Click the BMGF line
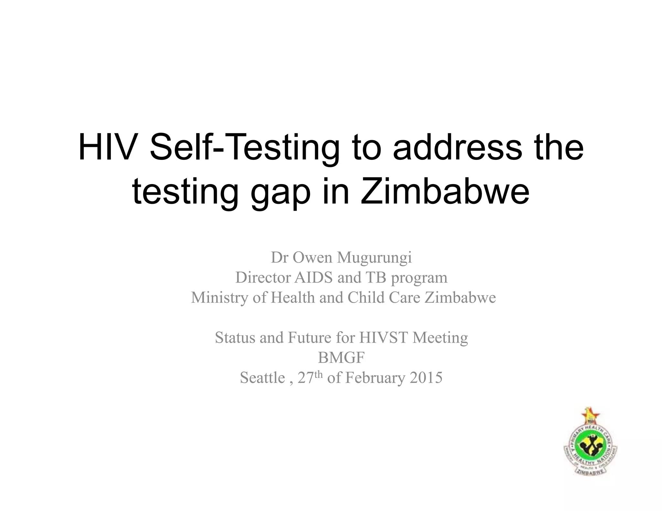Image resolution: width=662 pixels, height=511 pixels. (341, 358)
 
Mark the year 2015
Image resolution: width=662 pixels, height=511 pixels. (426, 378)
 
